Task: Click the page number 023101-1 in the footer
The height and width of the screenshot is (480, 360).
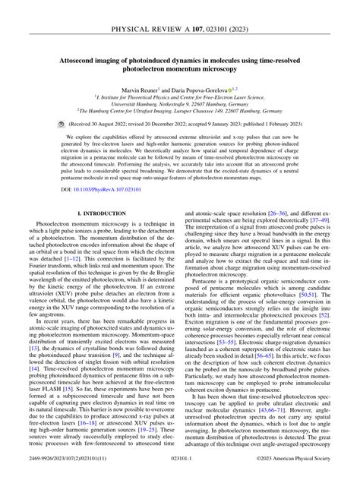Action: coord(180,459)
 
